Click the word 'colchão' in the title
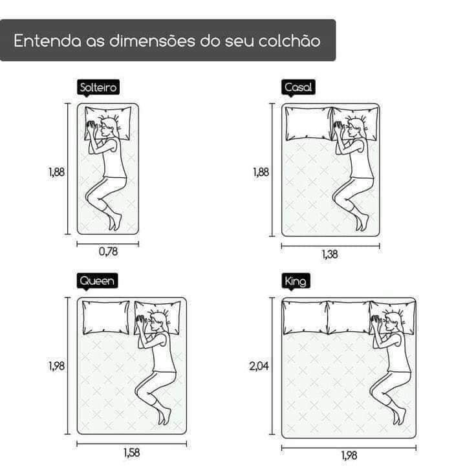click(289, 40)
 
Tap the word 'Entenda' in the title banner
click(48, 41)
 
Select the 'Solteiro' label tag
click(98, 87)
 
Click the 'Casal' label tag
click(298, 87)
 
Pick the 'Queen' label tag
click(97, 281)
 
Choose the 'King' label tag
click(296, 281)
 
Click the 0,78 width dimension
click(109, 252)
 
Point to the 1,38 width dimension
click(330, 254)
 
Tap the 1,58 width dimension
click(132, 453)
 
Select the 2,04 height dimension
click(259, 366)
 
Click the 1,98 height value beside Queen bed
click(57, 366)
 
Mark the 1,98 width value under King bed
click(349, 455)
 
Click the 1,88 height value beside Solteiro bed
click(57, 172)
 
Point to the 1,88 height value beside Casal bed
click(261, 172)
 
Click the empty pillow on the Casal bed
click(308, 124)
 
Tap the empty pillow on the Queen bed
click(105, 318)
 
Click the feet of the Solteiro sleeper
click(115, 222)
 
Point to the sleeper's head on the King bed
click(394, 323)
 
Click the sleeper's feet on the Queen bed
click(164, 416)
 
